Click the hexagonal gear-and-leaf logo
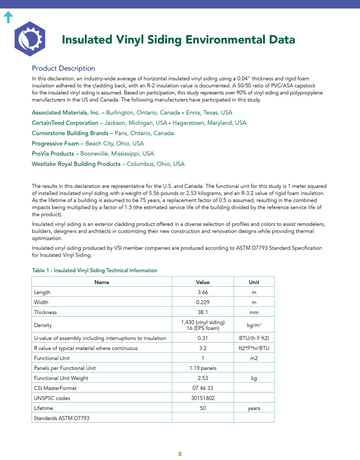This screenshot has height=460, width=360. (x=30, y=39)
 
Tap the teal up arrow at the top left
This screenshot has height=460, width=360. (x=8, y=18)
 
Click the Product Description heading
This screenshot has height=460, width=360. (x=63, y=68)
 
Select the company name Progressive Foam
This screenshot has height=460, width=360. (x=55, y=143)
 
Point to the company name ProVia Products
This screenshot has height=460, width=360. (x=53, y=154)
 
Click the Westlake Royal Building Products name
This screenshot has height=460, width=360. (x=76, y=164)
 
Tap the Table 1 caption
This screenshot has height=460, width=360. (x=95, y=270)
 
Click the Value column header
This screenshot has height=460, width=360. (x=202, y=283)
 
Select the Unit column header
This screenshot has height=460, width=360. (x=254, y=283)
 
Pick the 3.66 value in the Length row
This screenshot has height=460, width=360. (x=202, y=292)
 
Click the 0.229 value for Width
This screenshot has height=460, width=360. (x=202, y=302)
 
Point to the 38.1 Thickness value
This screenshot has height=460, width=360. (x=202, y=312)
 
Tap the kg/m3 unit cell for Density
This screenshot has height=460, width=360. (x=254, y=325)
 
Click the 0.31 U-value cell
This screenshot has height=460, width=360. (x=202, y=338)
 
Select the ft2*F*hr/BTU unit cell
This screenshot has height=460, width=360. (x=254, y=348)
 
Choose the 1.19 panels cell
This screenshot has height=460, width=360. (x=202, y=368)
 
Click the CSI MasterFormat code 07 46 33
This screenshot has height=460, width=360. (x=202, y=388)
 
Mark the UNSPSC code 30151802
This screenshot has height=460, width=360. (x=202, y=398)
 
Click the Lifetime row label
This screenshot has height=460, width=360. (x=44, y=408)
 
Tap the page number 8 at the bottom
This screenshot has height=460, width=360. (x=180, y=454)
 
